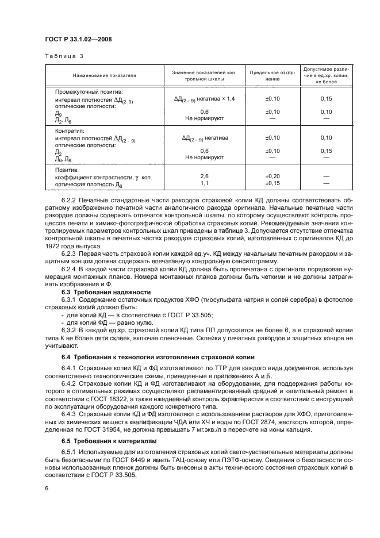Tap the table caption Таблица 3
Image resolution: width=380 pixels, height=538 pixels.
tap(64, 56)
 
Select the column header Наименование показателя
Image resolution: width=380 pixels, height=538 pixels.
tap(104, 75)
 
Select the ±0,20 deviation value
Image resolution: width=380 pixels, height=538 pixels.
tap(272, 176)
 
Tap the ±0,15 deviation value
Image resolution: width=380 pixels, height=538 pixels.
tap(272, 183)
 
